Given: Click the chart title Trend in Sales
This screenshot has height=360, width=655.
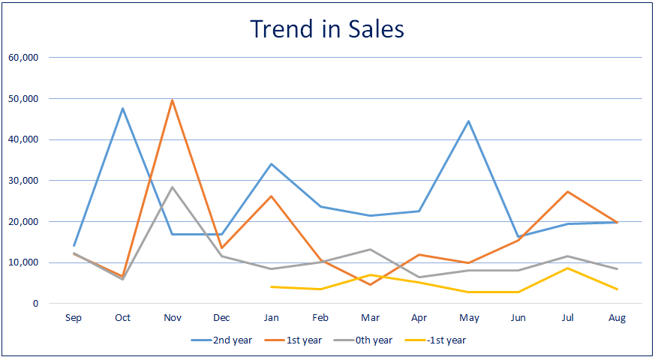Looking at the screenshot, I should [x=327, y=28].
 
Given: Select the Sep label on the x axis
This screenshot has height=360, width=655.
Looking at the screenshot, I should [x=74, y=318].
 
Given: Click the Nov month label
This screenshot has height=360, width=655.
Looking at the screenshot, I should [x=172, y=318].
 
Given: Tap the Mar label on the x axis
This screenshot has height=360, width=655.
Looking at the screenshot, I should [x=370, y=318].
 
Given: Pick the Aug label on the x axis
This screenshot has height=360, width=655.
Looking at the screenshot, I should [x=617, y=318].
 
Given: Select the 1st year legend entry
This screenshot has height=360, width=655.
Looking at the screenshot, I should [x=294, y=340].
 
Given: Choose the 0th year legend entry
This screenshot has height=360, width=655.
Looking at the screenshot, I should [x=365, y=340].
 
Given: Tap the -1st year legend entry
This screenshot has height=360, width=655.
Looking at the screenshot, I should [x=437, y=340].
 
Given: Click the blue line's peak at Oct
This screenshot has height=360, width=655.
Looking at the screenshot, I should [x=122, y=108].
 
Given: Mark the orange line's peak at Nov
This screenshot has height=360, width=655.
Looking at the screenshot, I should [x=172, y=100].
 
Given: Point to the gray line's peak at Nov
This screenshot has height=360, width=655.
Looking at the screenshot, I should [x=172, y=187].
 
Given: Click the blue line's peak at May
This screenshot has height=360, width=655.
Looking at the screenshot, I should [x=469, y=121].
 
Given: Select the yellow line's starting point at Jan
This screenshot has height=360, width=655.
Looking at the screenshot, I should [x=271, y=286].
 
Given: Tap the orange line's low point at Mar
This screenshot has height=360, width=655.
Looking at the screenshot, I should [x=370, y=284].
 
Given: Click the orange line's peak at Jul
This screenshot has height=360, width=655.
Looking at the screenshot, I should [x=568, y=191].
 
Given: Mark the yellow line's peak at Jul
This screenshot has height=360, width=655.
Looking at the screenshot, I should [x=568, y=268].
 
